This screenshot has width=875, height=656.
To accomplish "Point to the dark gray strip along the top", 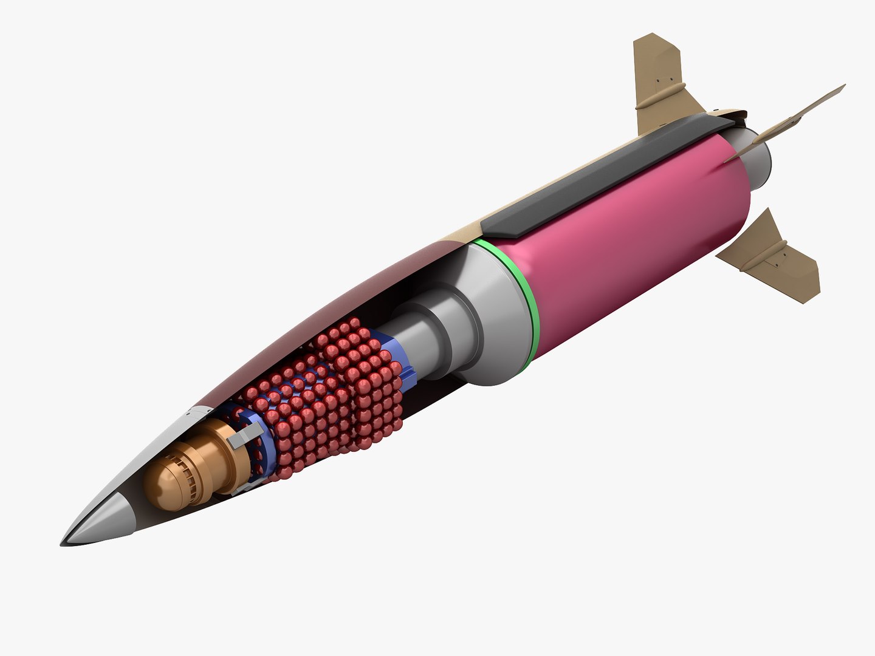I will point(608,170).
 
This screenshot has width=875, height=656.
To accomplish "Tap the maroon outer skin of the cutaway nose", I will point(340,304).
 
